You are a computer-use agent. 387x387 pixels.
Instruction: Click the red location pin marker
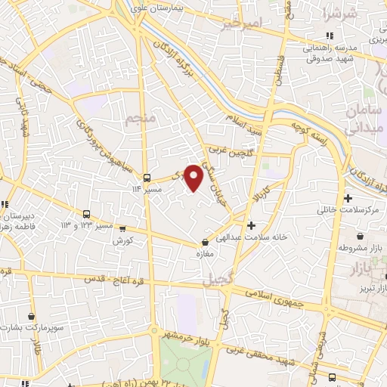click(x=194, y=178)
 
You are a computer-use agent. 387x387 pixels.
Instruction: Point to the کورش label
click(x=123, y=240)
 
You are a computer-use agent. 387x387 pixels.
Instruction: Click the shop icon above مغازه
click(x=206, y=242)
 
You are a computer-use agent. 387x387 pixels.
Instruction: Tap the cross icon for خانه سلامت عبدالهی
click(x=252, y=224)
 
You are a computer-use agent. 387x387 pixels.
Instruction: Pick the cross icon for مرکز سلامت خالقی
click(x=348, y=199)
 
